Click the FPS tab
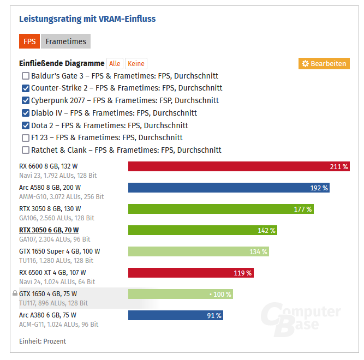pos(29,41)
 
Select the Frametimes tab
pos(65,41)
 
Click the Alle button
pos(115,64)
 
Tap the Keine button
pos(136,64)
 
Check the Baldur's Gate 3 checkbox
pos(26,76)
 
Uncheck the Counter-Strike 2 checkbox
pos(26,88)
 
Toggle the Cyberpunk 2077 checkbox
pos(26,100)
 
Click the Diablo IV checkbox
pos(26,113)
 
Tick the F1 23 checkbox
pos(26,138)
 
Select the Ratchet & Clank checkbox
pos(26,150)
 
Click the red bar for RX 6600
pos(238,166)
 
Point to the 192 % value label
pos(319,188)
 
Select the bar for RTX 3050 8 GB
pos(220,209)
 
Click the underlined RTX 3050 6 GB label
pos(49,230)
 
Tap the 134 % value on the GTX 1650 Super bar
pos(259,251)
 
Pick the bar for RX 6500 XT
pos(190,273)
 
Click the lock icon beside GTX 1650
pos(15,293)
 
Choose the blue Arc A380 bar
pos(175,315)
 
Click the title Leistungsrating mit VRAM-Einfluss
pos(87,19)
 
